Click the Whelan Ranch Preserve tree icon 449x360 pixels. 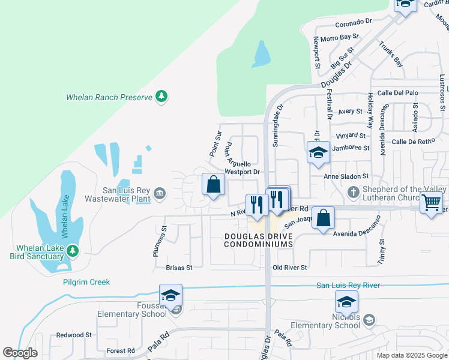[x=161, y=96]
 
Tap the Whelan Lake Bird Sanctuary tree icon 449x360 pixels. [x=73, y=250]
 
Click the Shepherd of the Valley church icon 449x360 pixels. [x=354, y=191]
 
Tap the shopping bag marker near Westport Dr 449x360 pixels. [x=213, y=185]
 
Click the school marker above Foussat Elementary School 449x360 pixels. [x=171, y=296]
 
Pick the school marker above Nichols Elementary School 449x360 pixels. [x=346, y=301]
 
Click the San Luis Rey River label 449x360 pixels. [x=348, y=286]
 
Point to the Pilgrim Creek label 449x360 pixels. [x=86, y=281]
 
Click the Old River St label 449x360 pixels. [x=289, y=268]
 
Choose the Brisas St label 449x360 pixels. [x=179, y=268]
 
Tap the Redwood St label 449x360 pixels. [x=74, y=335]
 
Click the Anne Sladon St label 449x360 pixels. [x=346, y=176]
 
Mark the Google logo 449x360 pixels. [x=20, y=353]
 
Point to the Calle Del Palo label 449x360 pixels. [x=414, y=92]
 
